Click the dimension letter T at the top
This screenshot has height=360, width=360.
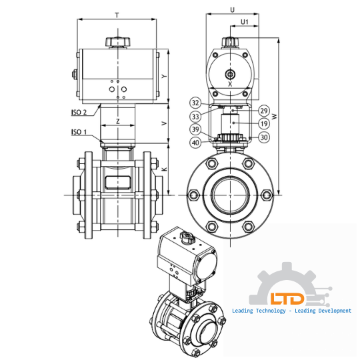(x=117, y=14)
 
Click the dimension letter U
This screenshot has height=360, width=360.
(x=231, y=9)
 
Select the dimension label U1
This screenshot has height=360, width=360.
(x=245, y=22)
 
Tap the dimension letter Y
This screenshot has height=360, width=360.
(x=164, y=76)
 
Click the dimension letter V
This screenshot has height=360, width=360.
(x=164, y=124)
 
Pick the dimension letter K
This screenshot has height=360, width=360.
(x=164, y=171)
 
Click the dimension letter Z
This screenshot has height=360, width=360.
(x=117, y=121)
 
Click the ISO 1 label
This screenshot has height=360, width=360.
(x=79, y=132)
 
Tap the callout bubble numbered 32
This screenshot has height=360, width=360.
(x=195, y=103)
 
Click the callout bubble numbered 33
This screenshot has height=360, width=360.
(x=195, y=116)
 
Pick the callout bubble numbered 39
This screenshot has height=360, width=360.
(x=195, y=129)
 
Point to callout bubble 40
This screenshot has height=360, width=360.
(x=195, y=142)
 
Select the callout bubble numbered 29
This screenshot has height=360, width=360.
(x=264, y=111)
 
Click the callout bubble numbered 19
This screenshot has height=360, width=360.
(x=264, y=123)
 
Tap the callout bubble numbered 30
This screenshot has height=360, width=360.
(x=264, y=137)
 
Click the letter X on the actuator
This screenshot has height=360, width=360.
(x=230, y=85)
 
